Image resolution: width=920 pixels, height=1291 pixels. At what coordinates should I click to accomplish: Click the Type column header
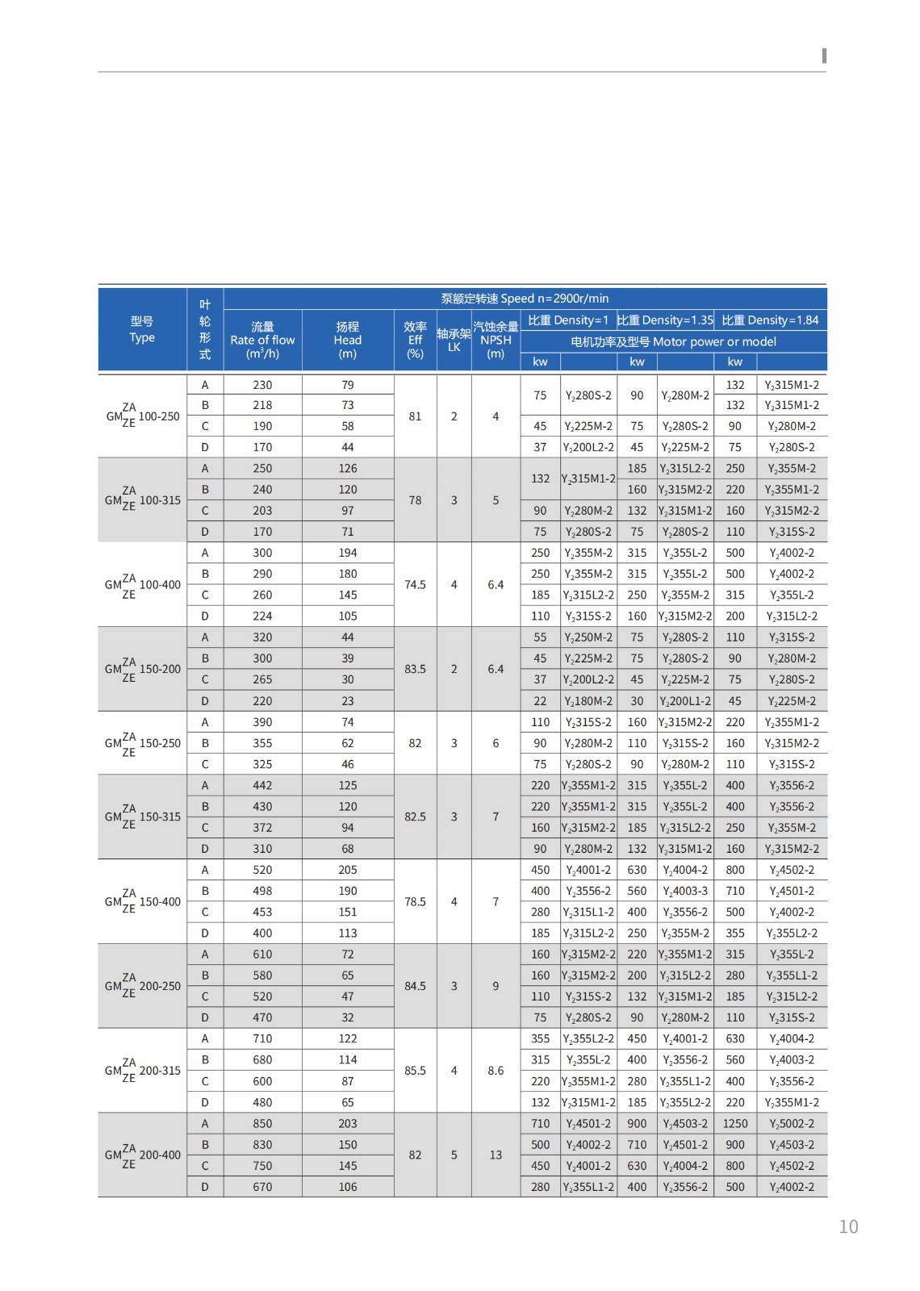pyautogui.click(x=142, y=329)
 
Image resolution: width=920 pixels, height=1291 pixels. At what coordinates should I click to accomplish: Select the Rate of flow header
pyautogui.click(x=262, y=340)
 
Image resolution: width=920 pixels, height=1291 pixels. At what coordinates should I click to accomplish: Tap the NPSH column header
pyautogui.click(x=496, y=340)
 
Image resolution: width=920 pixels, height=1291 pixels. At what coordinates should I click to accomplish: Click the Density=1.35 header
pyautogui.click(x=665, y=320)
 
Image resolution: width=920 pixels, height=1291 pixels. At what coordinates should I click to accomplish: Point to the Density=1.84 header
pyautogui.click(x=770, y=320)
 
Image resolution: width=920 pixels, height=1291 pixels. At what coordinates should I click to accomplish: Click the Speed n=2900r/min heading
pyautogui.click(x=525, y=299)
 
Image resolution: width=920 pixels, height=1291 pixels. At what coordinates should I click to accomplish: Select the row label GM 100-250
pyautogui.click(x=143, y=416)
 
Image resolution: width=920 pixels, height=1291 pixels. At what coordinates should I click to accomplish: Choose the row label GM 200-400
pyautogui.click(x=143, y=1155)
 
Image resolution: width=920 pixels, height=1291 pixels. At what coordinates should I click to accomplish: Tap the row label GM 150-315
pyautogui.click(x=143, y=817)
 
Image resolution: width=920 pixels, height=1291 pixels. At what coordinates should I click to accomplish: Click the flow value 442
pyautogui.click(x=262, y=785)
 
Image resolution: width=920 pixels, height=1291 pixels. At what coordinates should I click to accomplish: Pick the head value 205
pyautogui.click(x=348, y=870)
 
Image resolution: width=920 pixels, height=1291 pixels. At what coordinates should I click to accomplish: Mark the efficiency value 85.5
pyautogui.click(x=415, y=1071)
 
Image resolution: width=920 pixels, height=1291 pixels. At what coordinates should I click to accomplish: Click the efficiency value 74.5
pyautogui.click(x=415, y=584)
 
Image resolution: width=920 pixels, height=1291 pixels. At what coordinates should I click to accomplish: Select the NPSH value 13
pyautogui.click(x=496, y=1155)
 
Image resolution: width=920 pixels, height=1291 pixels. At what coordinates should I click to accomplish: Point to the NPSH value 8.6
pyautogui.click(x=496, y=1071)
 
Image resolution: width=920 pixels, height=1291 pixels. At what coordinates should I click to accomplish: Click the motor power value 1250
pyautogui.click(x=735, y=1123)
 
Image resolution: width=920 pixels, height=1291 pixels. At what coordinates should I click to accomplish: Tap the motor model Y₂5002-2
pyautogui.click(x=792, y=1123)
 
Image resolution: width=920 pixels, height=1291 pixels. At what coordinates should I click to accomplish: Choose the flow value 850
pyautogui.click(x=262, y=1123)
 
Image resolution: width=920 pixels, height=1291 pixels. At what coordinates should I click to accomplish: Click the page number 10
pyautogui.click(x=848, y=1226)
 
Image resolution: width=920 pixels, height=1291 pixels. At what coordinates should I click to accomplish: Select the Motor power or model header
pyautogui.click(x=673, y=342)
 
